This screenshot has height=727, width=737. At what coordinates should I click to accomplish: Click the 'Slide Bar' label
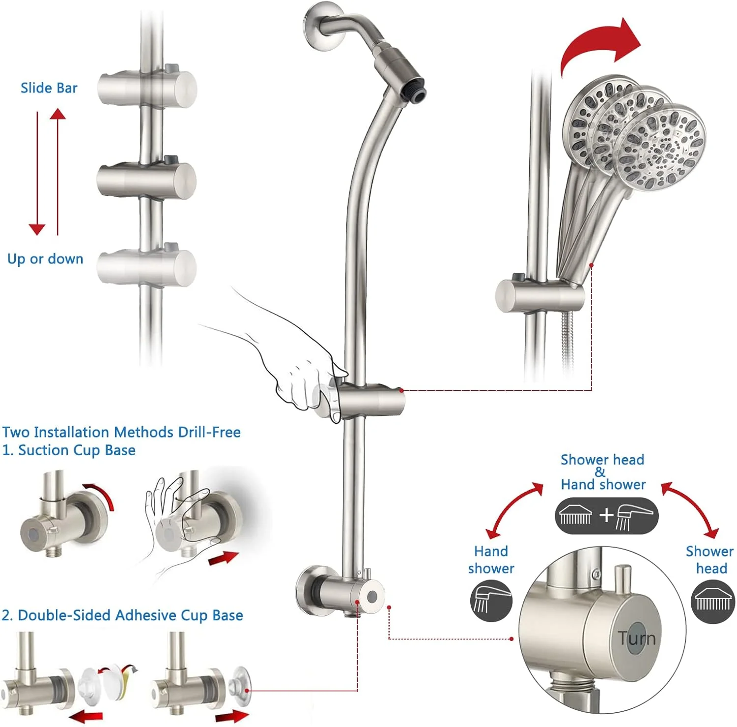point(49,88)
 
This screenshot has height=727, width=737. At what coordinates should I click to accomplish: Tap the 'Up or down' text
point(45,259)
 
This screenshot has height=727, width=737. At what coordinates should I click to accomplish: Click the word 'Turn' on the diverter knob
point(637,638)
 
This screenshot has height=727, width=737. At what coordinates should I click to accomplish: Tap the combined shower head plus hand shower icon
point(606,516)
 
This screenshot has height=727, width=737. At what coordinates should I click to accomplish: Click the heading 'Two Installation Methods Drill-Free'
point(121,432)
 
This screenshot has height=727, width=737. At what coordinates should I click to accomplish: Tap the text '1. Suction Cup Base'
point(69,450)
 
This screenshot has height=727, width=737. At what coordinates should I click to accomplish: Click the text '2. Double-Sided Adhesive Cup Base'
point(122,615)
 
